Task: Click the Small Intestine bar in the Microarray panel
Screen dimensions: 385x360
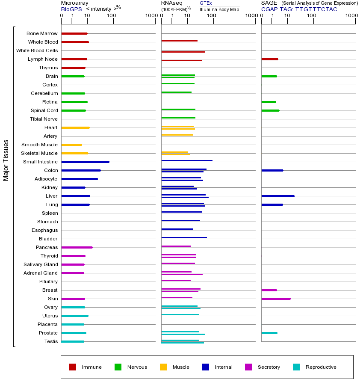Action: tap(85, 162)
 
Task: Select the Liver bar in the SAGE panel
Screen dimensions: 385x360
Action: tap(277, 196)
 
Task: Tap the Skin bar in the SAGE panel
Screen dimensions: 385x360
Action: tap(276, 299)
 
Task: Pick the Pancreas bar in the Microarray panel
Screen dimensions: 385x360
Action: tap(77, 247)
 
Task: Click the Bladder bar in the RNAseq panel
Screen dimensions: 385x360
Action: tap(184, 237)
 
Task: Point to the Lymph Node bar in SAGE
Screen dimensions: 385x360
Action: tap(270, 59)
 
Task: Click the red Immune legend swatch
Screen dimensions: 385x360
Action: tap(73, 367)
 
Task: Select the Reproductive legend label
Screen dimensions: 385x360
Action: tap(321, 367)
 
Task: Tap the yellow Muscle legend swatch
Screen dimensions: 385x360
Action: tap(163, 367)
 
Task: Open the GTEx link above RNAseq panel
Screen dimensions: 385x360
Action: tap(206, 3)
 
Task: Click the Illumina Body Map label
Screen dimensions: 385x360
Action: tap(219, 9)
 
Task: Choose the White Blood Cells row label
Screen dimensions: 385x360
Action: tap(37, 50)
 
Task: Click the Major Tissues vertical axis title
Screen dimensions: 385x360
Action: tap(6, 160)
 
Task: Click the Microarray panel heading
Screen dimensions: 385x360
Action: tap(75, 3)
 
